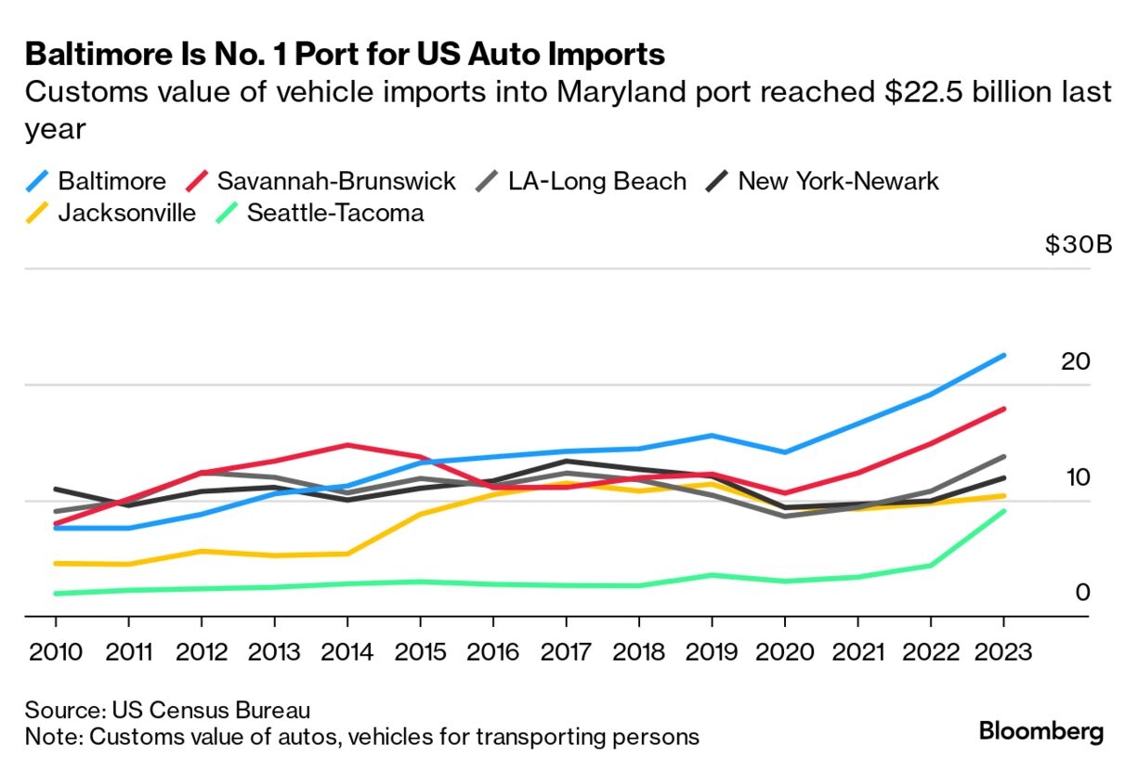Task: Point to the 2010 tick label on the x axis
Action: click(x=55, y=652)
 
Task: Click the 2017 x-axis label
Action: click(x=566, y=652)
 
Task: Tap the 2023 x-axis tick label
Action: click(x=1003, y=652)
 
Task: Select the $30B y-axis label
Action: click(x=1078, y=245)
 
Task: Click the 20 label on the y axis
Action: click(x=1075, y=361)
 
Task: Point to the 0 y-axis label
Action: click(x=1082, y=593)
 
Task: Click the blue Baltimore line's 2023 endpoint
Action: click(x=1003, y=355)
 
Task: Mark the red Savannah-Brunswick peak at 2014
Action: click(x=347, y=445)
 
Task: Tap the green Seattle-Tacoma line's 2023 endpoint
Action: click(x=1003, y=511)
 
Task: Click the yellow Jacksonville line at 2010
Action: click(x=56, y=563)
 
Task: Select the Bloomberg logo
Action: click(x=1040, y=731)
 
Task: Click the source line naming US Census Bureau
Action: click(x=167, y=711)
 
